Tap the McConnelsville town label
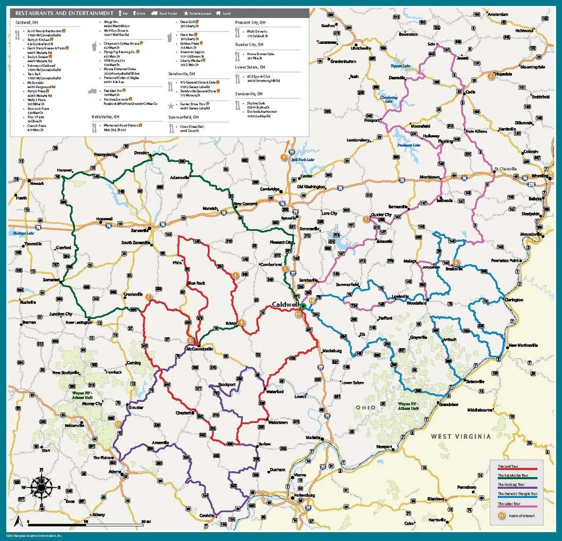point(200,348)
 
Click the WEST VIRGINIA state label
point(461,436)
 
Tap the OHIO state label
point(365,407)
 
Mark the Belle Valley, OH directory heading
point(108,117)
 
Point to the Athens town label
point(114,471)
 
